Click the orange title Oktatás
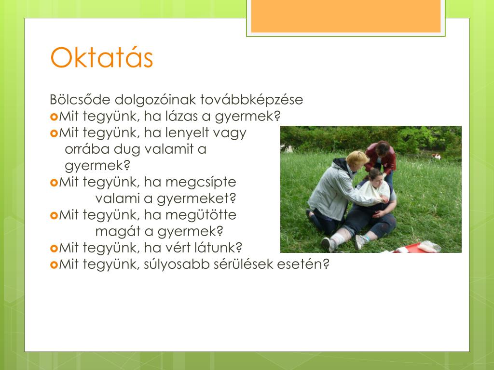tap(101, 58)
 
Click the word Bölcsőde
tap(80, 99)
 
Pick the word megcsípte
tap(201, 182)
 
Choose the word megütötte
tap(201, 214)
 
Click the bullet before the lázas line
tap(54, 117)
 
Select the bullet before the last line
tap(54, 265)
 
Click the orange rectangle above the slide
tap(345, 16)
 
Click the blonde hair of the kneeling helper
tap(357, 158)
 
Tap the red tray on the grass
tap(410, 248)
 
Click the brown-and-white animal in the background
tap(436, 156)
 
